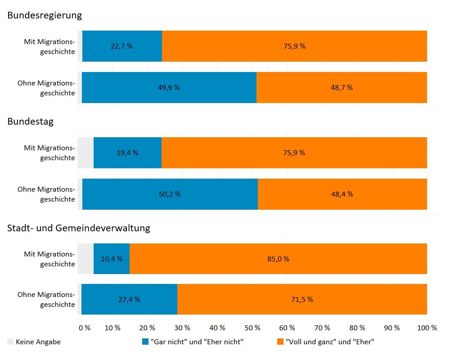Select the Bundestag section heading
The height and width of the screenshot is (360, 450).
[x=30, y=122]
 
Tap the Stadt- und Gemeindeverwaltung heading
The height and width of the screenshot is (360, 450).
[x=79, y=228]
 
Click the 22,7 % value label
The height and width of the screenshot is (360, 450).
[x=121, y=46]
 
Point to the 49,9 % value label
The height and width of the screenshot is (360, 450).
[x=169, y=88]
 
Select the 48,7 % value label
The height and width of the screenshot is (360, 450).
[x=342, y=88]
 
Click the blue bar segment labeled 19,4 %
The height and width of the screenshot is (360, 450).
[x=127, y=153]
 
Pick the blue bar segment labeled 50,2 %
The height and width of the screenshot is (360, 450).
[x=170, y=194]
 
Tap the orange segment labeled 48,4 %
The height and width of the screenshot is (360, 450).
[x=342, y=194]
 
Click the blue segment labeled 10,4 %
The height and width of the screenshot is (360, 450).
[x=112, y=259]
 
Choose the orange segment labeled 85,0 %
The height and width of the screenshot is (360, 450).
[x=278, y=259]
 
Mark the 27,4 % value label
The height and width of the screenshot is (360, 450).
[x=129, y=300]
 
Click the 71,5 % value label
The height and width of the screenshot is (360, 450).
[x=301, y=300]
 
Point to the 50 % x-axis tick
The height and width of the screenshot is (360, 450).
[x=252, y=328]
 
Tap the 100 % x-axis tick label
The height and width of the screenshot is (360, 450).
[x=427, y=328]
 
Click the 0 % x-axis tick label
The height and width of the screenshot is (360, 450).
[x=85, y=328]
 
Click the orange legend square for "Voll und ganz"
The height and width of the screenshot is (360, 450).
[x=280, y=342]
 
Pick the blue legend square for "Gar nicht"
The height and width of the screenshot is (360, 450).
[x=145, y=342]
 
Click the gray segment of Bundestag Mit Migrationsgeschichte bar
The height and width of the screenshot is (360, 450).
[x=85, y=153]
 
